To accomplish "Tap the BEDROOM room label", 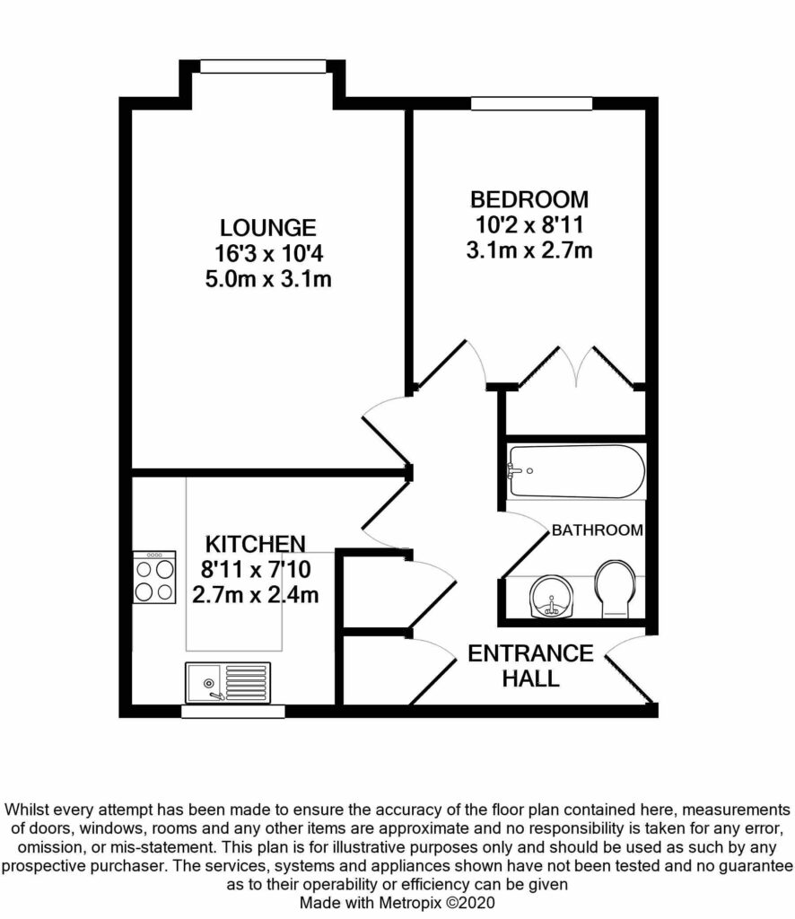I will point(529,198).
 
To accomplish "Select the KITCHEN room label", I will point(256,544).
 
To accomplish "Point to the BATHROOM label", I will point(597,530).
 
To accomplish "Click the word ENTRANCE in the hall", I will point(530,653).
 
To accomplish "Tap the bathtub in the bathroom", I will point(575,471).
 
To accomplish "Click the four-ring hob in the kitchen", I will point(153,578).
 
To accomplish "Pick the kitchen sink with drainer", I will point(227,681).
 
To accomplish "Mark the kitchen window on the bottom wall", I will point(232,712).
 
